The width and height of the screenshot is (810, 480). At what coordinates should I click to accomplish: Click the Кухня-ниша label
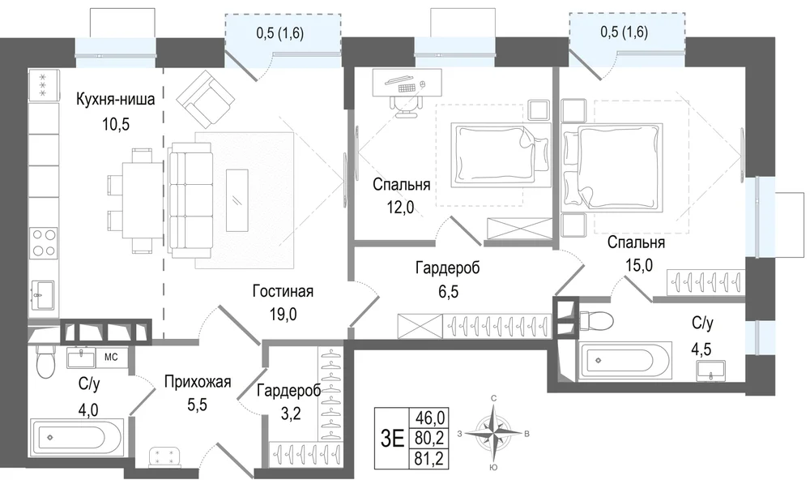point(115,99)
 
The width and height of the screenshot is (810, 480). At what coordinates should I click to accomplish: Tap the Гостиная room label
point(283,291)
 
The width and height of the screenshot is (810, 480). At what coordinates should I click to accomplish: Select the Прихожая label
point(198,382)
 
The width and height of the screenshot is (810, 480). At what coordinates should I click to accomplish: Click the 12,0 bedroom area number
point(400,208)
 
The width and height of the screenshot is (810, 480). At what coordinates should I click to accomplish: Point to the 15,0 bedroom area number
point(639,265)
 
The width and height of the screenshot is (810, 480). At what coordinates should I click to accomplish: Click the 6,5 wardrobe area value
point(449,292)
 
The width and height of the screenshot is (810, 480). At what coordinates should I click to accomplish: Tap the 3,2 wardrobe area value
point(289,414)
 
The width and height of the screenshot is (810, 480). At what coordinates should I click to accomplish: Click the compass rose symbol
point(494,434)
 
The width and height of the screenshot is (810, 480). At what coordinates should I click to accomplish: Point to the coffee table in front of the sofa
point(237,199)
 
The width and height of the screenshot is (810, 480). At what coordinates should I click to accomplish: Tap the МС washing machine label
point(111,357)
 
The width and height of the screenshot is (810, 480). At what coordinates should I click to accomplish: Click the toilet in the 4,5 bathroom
point(596,321)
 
